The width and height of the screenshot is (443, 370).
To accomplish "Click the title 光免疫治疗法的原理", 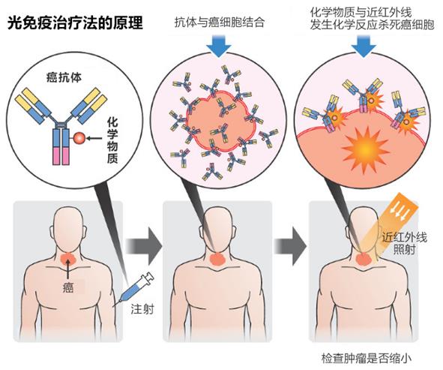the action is (x=75, y=23).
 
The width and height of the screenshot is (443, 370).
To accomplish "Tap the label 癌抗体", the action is (x=64, y=77).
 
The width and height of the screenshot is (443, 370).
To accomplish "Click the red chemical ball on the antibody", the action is (x=79, y=138).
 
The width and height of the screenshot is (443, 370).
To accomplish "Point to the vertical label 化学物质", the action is (x=112, y=140).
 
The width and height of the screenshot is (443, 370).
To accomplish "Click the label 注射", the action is (x=142, y=309).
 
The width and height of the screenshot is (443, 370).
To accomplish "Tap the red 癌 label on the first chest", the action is (x=67, y=287).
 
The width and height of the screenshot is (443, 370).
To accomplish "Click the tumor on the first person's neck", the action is (x=67, y=257).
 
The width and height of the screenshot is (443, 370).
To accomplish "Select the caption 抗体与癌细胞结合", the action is (x=219, y=23).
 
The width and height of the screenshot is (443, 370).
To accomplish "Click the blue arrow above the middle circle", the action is (x=219, y=46).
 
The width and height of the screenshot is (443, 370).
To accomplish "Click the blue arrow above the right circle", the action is (x=364, y=46).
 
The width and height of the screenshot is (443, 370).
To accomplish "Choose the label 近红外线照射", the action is (x=405, y=243).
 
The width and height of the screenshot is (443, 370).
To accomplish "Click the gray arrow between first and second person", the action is (x=144, y=246).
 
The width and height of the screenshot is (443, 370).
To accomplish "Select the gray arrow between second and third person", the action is (x=290, y=246).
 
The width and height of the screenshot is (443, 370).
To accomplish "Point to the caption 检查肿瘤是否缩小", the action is (x=366, y=359).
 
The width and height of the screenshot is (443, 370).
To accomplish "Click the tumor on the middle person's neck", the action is (x=217, y=258).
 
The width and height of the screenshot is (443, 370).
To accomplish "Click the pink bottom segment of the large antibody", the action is (x=61, y=155).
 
